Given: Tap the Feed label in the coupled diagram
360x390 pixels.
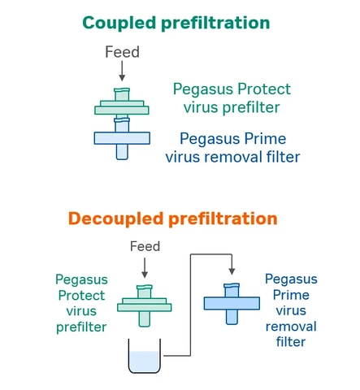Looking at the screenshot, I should click(123, 52).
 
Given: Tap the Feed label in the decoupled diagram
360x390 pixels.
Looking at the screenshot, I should click(145, 246).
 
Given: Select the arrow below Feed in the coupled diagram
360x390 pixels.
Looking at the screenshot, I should click(123, 74).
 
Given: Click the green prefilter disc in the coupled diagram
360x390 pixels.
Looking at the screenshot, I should click(122, 107).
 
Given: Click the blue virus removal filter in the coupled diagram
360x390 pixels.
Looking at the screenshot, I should click(122, 137).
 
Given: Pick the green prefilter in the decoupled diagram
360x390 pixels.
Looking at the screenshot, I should click(145, 305).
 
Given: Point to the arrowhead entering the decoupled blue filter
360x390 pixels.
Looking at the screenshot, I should click(232, 271).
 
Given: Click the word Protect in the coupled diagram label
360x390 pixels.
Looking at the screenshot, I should click(262, 89).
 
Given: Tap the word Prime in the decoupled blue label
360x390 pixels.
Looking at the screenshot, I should click(291, 295).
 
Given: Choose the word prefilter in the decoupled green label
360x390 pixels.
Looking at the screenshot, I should click(81, 327).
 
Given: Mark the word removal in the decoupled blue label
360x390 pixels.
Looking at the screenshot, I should click(291, 326).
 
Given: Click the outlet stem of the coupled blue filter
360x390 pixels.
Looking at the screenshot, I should click(122, 152).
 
